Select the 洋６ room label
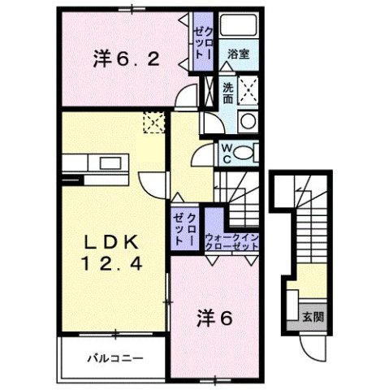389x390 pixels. (x=215, y=318)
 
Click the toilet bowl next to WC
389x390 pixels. (x=248, y=152)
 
